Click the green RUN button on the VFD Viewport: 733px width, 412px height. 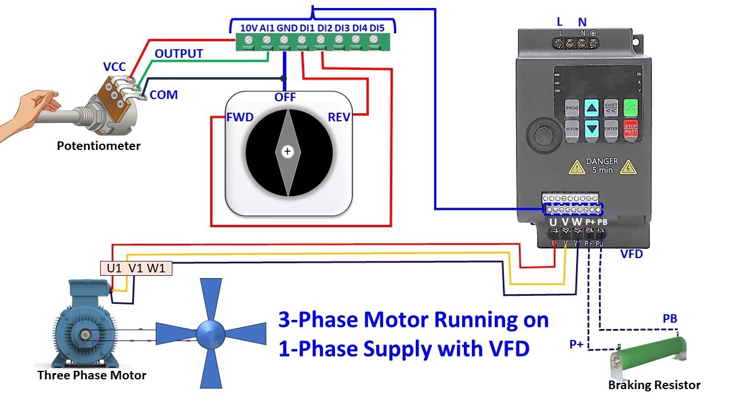click(x=630, y=108)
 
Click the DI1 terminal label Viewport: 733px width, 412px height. click(x=307, y=27)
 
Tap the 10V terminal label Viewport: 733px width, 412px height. click(x=249, y=27)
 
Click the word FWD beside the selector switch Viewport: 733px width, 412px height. click(x=239, y=117)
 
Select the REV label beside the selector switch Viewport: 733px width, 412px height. click(x=338, y=117)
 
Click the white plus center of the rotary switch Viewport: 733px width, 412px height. click(x=287, y=152)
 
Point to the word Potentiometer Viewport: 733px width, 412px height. click(x=98, y=146)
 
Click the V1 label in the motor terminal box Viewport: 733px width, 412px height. click(x=136, y=268)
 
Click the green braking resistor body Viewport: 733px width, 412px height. click(x=647, y=352)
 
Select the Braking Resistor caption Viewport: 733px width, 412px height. click(x=654, y=385)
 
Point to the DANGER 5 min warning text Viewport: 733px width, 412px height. click(x=601, y=166)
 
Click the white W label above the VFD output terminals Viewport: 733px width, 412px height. click(x=577, y=221)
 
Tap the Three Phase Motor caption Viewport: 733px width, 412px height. click(x=92, y=375)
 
